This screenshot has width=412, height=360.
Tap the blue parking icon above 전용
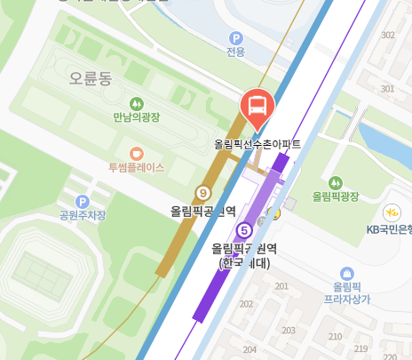coord(235,38)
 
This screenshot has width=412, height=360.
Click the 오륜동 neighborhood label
coord(90,78)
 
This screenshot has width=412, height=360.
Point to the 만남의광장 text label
coord(136,117)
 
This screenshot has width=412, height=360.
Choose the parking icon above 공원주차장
coord(82,202)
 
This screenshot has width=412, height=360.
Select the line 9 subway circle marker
coord(203,192)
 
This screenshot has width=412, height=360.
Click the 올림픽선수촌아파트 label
coord(257,143)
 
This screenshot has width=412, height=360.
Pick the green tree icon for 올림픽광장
coord(336,181)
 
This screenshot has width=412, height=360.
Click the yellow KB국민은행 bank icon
coord(391,212)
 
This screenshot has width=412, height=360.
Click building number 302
coord(387,36)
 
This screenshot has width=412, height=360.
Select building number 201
coord(282,286)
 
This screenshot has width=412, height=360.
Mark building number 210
coord(336,336)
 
